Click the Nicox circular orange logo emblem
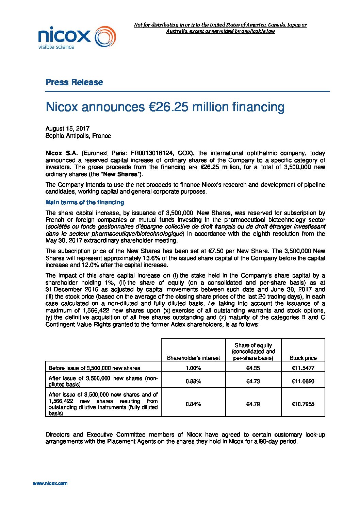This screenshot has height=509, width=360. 105,37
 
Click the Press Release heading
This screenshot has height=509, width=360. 74,82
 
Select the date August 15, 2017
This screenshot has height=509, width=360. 67,129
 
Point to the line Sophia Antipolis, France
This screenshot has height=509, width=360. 78,136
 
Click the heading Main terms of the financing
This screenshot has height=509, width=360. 85,202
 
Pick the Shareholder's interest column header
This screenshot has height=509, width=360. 193,358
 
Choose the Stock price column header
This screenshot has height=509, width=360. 303,358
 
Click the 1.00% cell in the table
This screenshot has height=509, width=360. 193,368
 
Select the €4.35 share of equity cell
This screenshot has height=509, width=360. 253,368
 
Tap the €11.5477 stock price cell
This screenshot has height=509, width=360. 303,368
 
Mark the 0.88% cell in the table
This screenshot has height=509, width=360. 193,381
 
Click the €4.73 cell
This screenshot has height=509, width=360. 253,381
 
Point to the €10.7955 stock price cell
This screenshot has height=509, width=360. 303,404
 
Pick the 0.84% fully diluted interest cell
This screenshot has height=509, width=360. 193,404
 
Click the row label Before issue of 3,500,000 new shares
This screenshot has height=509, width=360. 94,368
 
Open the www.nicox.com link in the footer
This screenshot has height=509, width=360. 50,483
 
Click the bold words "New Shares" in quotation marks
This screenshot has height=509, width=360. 119,174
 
